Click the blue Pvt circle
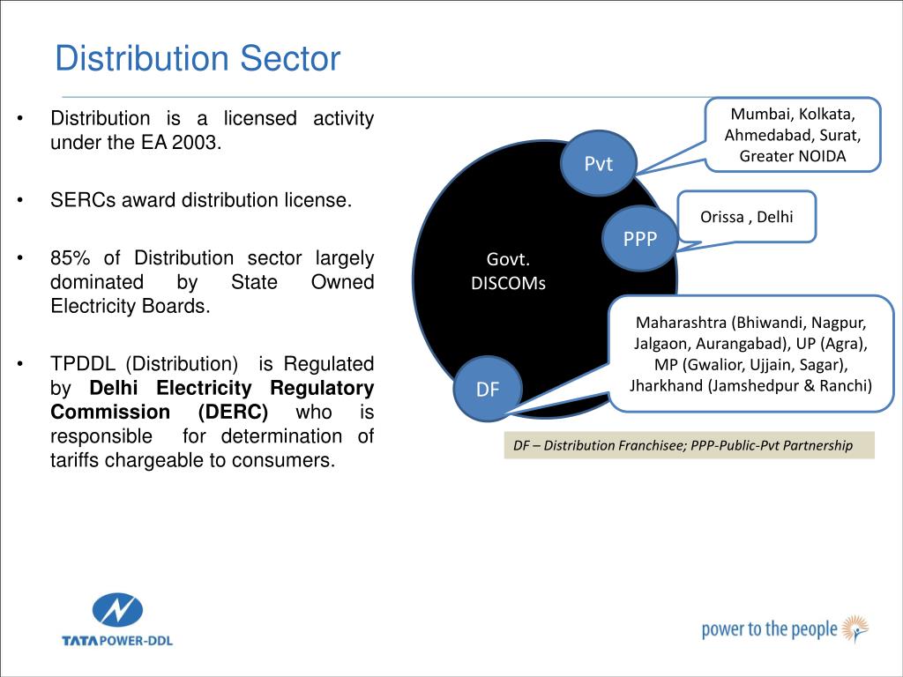click(599, 163)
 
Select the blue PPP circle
click(640, 238)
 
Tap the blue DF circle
click(488, 389)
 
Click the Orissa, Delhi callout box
click(747, 216)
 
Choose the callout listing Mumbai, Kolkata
click(793, 135)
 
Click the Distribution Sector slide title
click(197, 59)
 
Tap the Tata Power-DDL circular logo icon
click(117, 610)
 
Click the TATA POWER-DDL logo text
click(117, 640)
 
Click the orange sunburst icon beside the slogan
click(854, 629)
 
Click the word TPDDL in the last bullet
click(82, 364)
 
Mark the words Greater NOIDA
click(793, 156)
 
